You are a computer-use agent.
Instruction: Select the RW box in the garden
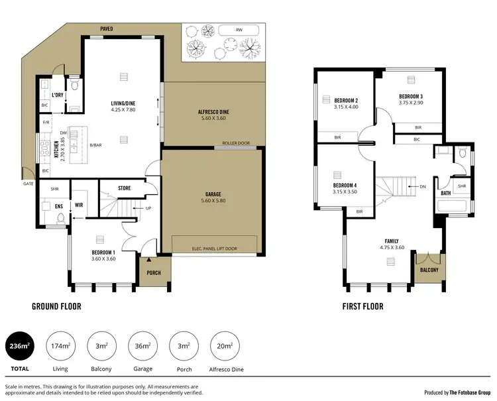click(239, 30)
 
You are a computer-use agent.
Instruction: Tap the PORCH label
click(154, 272)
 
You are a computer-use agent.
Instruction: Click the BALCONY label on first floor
click(428, 271)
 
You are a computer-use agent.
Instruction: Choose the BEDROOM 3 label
click(410, 96)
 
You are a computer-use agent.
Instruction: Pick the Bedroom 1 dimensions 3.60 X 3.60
click(103, 259)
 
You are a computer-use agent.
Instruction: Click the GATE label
click(28, 184)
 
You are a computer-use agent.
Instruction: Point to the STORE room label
click(124, 188)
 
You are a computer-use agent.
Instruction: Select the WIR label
click(78, 205)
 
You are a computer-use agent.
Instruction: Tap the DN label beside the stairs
click(423, 187)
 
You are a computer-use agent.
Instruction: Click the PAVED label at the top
click(106, 29)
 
